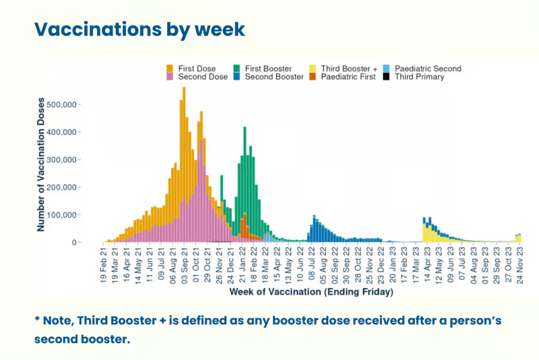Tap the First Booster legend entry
267,69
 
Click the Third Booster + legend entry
348,69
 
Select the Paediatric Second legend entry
427,69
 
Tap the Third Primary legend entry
418,78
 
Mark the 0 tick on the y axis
76,242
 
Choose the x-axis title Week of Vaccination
311,293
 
